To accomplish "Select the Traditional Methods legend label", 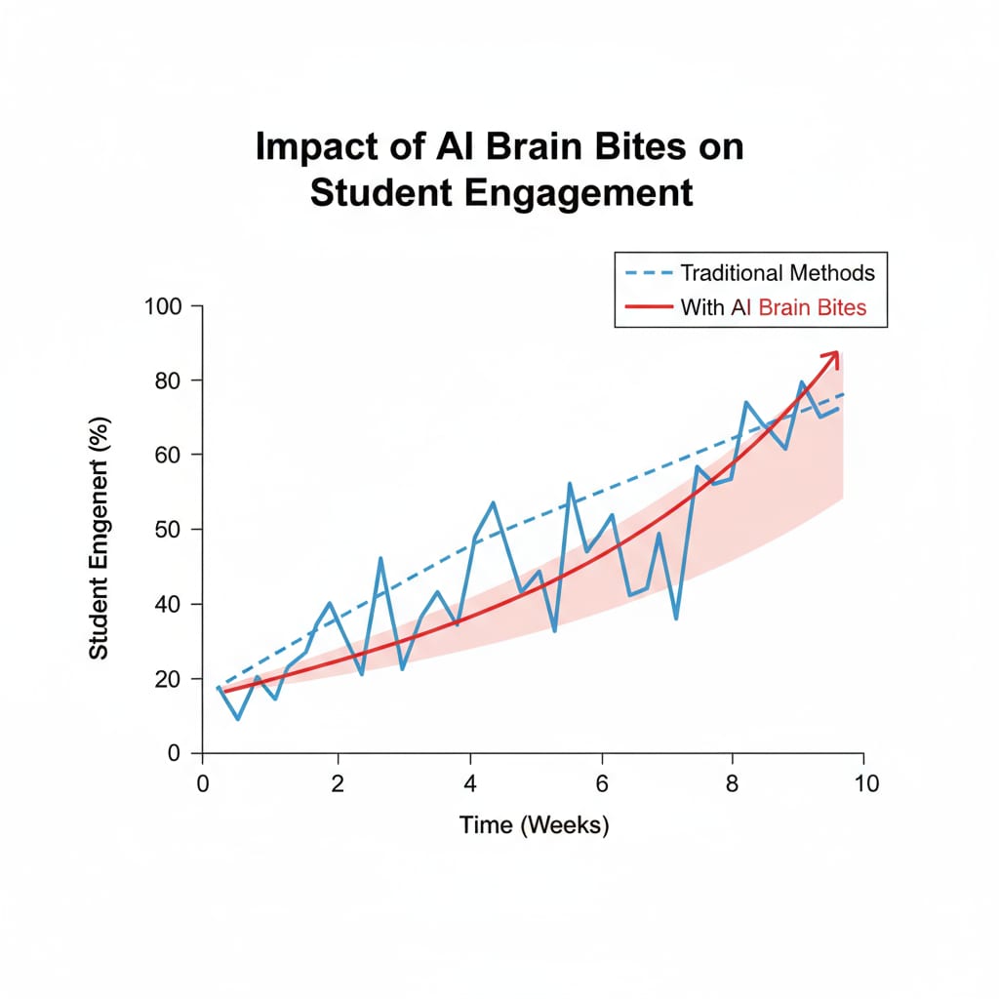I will point(778,272).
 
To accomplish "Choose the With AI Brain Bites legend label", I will point(774,309).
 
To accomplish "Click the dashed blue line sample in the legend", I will point(646,272).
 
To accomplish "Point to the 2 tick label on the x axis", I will point(338,783).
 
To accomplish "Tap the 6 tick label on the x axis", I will point(602,783).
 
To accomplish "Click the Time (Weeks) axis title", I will point(534,825).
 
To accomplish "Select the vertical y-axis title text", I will point(99,538).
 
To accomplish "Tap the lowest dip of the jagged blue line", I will point(238,719).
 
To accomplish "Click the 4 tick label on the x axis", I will point(470,783).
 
